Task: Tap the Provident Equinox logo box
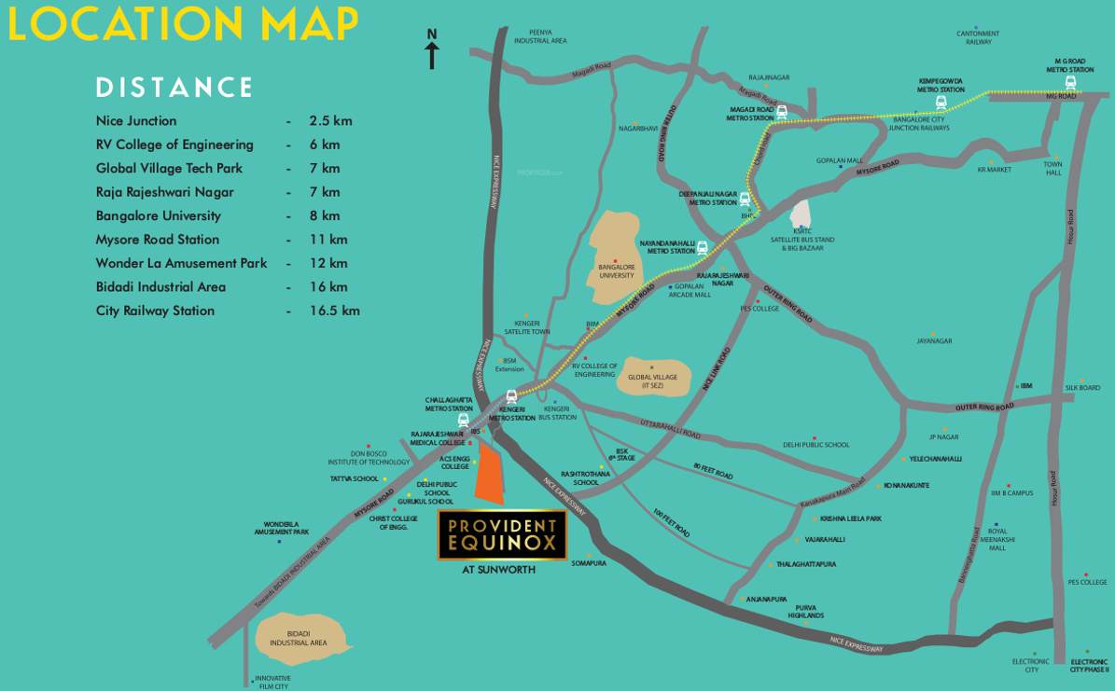[x=502, y=534]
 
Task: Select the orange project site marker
[x=489, y=475]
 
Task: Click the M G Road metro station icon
[x=1070, y=82]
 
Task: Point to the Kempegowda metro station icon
[x=941, y=102]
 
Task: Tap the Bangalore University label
[x=617, y=271]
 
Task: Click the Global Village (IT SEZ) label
[x=652, y=381]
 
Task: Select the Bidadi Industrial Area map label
[x=299, y=639]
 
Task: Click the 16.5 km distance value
[x=334, y=311]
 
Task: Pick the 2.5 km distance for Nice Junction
[x=330, y=121]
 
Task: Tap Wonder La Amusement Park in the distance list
[x=181, y=263]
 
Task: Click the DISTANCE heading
[x=174, y=88]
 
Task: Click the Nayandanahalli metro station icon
[x=702, y=248]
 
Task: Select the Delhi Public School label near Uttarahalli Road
[x=815, y=445]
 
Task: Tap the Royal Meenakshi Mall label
[x=997, y=539]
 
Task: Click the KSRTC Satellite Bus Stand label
[x=801, y=240]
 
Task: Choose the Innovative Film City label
[x=273, y=682]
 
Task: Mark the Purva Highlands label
[x=805, y=612]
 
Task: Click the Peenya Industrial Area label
[x=540, y=36]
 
